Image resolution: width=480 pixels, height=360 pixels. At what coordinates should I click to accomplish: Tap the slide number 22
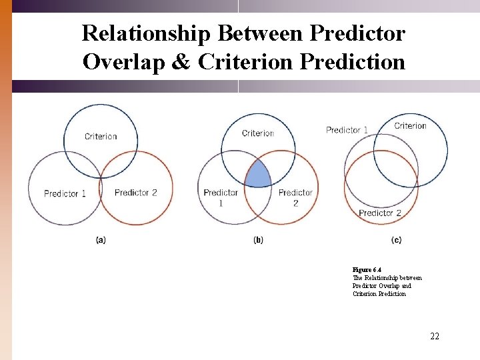[435, 336]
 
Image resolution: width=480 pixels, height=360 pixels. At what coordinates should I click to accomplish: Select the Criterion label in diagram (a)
[101, 137]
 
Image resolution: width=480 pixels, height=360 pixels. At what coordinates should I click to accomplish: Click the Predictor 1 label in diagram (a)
[65, 194]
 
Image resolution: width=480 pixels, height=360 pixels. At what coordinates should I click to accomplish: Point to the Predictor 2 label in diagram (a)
[135, 193]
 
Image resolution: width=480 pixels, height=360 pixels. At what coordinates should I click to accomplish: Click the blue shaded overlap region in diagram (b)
[258, 175]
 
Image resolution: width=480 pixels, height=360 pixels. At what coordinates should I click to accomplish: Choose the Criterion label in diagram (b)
[258, 133]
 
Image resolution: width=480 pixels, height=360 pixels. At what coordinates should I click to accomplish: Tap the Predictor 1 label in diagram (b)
[221, 197]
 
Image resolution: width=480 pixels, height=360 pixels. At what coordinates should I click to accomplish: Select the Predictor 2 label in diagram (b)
[295, 197]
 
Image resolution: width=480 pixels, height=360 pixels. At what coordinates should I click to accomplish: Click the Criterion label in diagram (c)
[410, 126]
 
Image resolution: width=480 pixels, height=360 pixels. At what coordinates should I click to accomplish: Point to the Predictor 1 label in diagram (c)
[347, 130]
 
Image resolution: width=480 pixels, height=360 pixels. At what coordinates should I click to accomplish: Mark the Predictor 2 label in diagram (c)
[380, 213]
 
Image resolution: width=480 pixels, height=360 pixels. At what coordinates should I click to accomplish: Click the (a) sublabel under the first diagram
[101, 240]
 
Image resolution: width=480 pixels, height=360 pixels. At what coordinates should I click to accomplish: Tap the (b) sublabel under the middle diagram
[258, 240]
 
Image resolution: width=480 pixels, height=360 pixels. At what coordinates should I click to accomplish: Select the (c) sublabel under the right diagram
[397, 240]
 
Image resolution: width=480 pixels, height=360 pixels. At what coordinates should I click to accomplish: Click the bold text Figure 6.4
[367, 270]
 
